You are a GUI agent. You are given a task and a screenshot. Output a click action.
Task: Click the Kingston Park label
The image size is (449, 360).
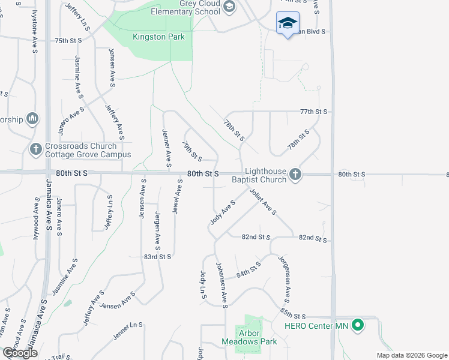tap(158, 37)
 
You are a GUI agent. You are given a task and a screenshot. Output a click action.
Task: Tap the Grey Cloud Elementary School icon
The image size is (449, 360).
tap(229, 7)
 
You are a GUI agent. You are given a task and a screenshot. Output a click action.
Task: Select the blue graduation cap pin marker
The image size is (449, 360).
tap(288, 23)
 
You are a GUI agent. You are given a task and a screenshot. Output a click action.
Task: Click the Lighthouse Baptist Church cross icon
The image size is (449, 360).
tap(295, 174)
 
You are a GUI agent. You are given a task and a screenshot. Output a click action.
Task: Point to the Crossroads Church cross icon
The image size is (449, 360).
tap(35, 148)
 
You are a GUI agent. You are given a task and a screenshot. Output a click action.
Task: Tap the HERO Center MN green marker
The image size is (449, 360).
tap(358, 326)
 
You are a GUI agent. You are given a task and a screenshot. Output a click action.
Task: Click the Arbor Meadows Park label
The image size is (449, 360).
tap(249, 337)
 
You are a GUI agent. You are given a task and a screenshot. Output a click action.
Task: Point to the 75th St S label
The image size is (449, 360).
tap(68, 41)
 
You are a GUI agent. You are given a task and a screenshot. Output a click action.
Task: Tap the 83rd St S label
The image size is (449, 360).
tap(158, 256)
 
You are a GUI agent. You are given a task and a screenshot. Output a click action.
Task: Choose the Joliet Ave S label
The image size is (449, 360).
tap(263, 202)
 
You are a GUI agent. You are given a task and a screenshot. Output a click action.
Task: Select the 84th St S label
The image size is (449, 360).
tap(249, 269)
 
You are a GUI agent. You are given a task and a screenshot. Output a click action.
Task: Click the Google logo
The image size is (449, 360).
tap(20, 352)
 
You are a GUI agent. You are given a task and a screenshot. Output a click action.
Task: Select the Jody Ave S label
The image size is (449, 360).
tap(222, 212)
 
